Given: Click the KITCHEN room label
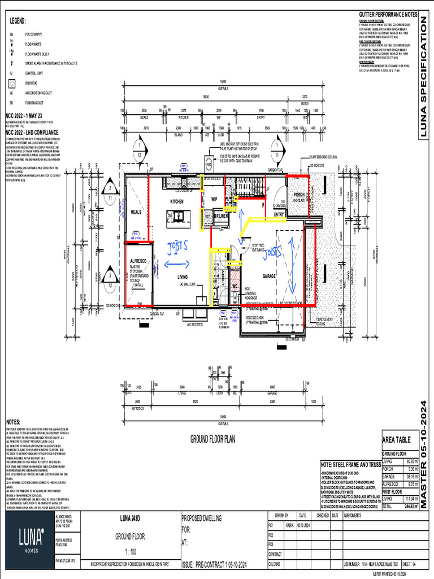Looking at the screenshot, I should click(178, 201).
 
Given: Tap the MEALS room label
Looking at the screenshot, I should click(136, 213).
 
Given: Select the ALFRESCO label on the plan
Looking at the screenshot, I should click(136, 262).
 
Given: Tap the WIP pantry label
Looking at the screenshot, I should click(214, 200).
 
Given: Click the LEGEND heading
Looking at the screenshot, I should click(18, 21).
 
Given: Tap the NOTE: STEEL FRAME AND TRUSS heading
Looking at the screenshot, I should click(350, 464).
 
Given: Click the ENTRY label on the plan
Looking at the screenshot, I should click(279, 215).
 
